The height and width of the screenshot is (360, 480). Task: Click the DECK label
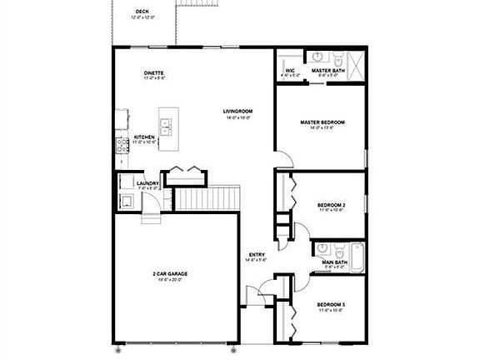(x=142, y=12)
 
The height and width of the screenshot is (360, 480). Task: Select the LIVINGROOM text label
(x=237, y=112)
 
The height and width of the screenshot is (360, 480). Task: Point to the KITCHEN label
(x=144, y=137)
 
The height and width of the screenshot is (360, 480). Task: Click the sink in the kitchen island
(x=167, y=127)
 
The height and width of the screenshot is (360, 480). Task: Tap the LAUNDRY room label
(x=147, y=183)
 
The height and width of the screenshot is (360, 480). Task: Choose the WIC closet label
(x=290, y=71)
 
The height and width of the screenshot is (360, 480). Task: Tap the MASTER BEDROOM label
(x=322, y=122)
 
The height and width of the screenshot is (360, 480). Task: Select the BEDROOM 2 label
(x=331, y=204)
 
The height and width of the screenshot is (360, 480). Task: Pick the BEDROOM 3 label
(x=331, y=305)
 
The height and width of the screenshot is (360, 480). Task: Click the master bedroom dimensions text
(x=322, y=128)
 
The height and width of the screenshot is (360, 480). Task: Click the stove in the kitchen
(x=121, y=142)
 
